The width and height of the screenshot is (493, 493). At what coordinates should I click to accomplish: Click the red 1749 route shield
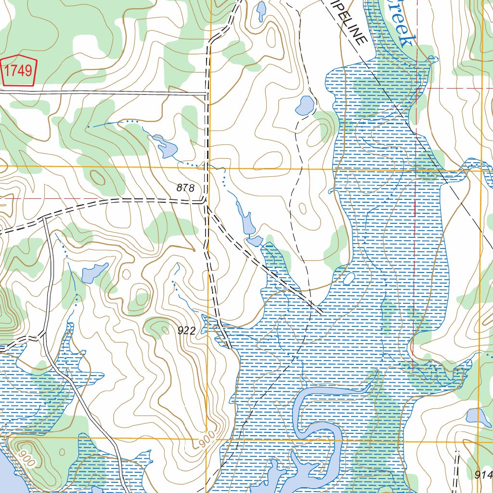tap(19, 71)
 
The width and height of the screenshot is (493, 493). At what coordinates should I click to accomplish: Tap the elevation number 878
tap(185, 188)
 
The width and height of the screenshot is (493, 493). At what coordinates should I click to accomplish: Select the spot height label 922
tap(186, 330)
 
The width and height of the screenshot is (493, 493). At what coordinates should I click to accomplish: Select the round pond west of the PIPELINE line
tap(305, 105)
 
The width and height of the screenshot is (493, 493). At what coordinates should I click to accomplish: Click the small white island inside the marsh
tap(349, 279)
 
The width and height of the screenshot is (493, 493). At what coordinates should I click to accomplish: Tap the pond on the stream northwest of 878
tap(166, 147)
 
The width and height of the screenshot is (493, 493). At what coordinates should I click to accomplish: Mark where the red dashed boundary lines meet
tap(415, 89)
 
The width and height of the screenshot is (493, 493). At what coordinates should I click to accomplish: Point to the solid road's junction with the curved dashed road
tap(44, 218)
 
